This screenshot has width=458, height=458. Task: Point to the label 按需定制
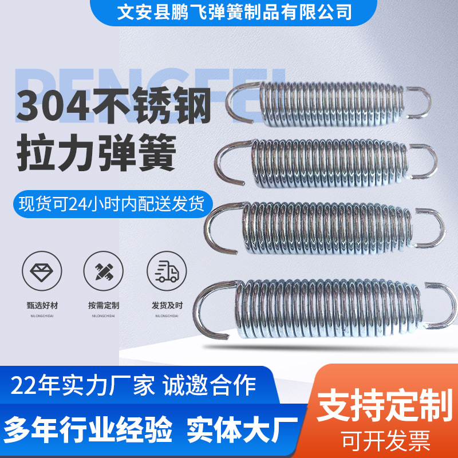click(x=104, y=306)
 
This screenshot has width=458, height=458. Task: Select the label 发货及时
click(x=167, y=306)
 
